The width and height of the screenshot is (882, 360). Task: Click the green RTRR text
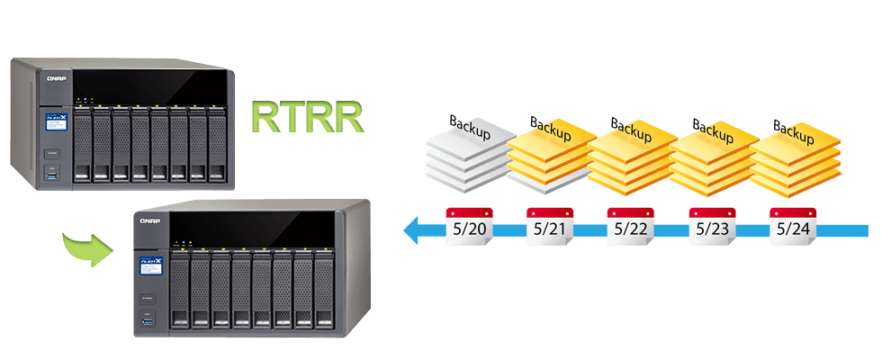point(306,118)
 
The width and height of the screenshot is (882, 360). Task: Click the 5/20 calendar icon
point(467,227)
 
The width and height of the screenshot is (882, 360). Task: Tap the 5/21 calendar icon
point(548,227)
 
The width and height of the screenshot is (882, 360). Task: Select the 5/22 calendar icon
point(629,227)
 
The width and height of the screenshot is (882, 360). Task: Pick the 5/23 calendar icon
point(710,227)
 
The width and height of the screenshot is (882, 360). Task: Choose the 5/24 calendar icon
point(791,227)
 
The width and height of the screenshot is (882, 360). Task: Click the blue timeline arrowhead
point(413,231)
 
